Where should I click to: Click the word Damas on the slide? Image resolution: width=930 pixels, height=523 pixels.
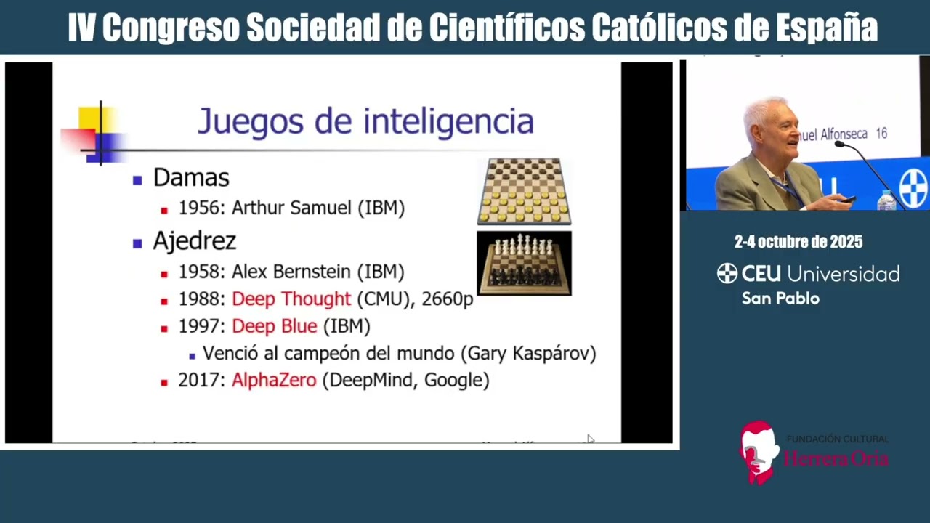pyautogui.click(x=191, y=178)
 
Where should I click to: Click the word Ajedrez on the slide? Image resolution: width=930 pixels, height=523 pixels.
pyautogui.click(x=194, y=241)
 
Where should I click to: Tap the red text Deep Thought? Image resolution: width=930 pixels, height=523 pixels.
pyautogui.click(x=291, y=299)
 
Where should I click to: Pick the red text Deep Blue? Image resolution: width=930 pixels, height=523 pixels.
pyautogui.click(x=275, y=326)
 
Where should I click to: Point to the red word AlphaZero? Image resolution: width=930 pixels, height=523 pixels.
pyautogui.click(x=274, y=380)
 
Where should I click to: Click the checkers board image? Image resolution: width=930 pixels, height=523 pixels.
pyautogui.click(x=524, y=191)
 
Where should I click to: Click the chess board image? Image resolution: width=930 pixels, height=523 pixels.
pyautogui.click(x=524, y=263)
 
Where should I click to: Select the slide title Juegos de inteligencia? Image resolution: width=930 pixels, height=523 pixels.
pyautogui.click(x=365, y=121)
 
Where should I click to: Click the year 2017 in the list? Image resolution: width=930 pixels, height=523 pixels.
pyautogui.click(x=202, y=380)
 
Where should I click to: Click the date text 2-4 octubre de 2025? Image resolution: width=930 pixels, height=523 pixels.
pyautogui.click(x=798, y=242)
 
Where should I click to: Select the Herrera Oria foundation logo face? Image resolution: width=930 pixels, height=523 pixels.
pyautogui.click(x=757, y=450)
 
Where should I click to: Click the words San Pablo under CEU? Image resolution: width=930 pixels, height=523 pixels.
pyautogui.click(x=780, y=299)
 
